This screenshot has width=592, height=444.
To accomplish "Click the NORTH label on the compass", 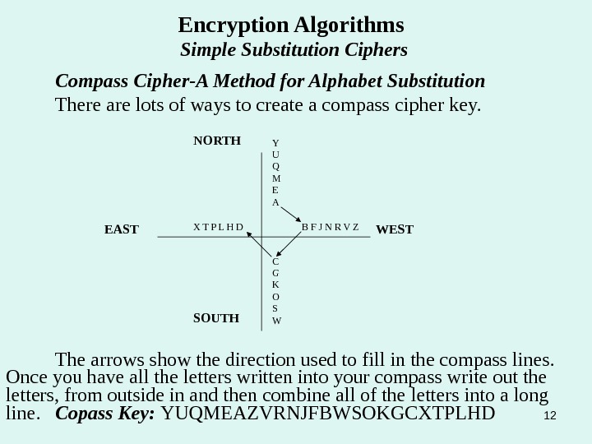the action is pos(216,141).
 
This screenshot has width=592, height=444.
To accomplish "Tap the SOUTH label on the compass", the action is pos(216,317).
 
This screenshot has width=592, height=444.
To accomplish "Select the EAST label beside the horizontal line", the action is pos(122,229).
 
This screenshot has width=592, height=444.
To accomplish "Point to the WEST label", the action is pos(395,229).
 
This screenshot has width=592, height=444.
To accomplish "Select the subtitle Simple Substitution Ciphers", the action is pos(294,51).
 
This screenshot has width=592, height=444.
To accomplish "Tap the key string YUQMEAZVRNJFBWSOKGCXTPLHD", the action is pos(329,411).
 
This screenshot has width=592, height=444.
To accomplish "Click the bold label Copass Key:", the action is pos(106,411).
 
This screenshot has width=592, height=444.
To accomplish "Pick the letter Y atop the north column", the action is pos(275,144).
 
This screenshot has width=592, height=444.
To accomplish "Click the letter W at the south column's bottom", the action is pos(276,320).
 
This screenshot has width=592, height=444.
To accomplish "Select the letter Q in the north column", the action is pos(275,166).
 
